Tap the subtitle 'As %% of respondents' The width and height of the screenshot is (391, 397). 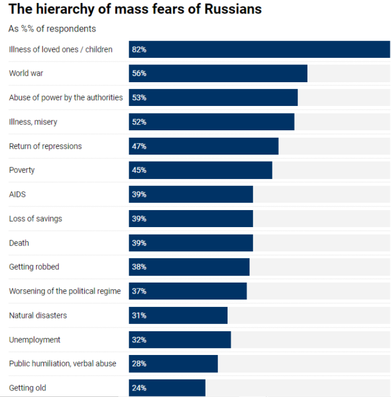point(52,29)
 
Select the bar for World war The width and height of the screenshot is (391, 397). point(218,74)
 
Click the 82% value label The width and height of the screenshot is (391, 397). point(139,49)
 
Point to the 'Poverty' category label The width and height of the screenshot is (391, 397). point(22,170)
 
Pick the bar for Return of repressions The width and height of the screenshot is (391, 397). point(204,146)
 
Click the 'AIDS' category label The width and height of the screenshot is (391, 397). point(17,194)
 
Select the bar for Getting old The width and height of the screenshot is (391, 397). point(167,388)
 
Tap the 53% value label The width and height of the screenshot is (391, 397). point(139,97)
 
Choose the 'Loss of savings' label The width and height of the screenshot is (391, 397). point(35,219)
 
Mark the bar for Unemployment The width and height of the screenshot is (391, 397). point(180,340)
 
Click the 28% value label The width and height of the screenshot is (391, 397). point(139,364)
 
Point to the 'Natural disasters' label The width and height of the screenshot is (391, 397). point(38,315)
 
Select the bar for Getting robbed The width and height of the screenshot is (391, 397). point(189,267)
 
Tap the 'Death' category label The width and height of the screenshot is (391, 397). point(19,243)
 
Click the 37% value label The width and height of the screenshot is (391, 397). point(139,291)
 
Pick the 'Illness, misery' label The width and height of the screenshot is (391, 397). point(33,122)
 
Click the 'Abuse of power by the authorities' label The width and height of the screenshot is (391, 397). point(66,97)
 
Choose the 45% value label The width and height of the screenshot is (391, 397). point(139,170)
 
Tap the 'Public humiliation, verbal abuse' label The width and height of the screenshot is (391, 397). point(62,364)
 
